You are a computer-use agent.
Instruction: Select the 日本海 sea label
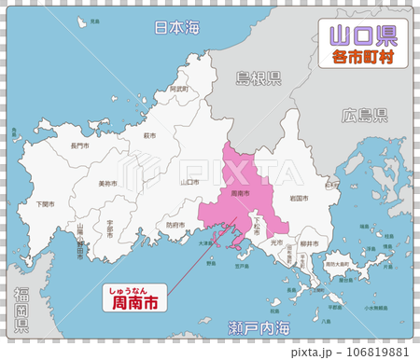coord(176,29)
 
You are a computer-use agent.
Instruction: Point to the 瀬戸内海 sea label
coord(259,328)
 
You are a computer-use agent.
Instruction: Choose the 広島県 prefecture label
coord(365,117)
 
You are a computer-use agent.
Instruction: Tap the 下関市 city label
coord(44,203)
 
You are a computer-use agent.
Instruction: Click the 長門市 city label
coord(79,145)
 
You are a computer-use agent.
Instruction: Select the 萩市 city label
coord(149,135)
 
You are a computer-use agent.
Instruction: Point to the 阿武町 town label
coord(178,90)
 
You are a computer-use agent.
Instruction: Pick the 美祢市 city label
coord(107,184)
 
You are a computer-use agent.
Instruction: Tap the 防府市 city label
coord(175,225)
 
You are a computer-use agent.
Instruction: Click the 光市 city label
coord(275,242)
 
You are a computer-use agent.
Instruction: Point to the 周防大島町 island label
coord(339,264)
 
